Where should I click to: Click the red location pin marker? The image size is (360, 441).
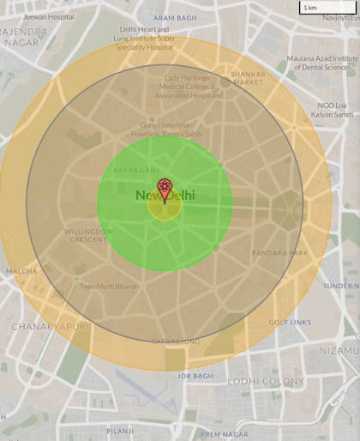pos(165,190)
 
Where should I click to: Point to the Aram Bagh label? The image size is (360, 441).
pos(174,17)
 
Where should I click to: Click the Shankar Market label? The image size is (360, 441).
pos(248,78)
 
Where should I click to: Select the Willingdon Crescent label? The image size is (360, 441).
pos(88,236)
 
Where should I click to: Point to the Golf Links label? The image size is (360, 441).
pos(285,323)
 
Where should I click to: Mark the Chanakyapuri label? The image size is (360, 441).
pos(45,326)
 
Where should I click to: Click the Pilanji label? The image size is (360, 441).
pos(121,431)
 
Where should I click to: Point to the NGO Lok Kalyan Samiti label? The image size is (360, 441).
pos(332,110)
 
